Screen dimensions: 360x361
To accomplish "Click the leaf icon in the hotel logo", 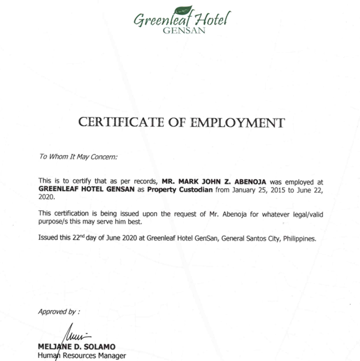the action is (184, 9).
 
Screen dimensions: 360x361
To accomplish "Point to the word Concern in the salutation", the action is (103, 156).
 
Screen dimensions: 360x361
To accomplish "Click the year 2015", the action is (251, 189).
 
